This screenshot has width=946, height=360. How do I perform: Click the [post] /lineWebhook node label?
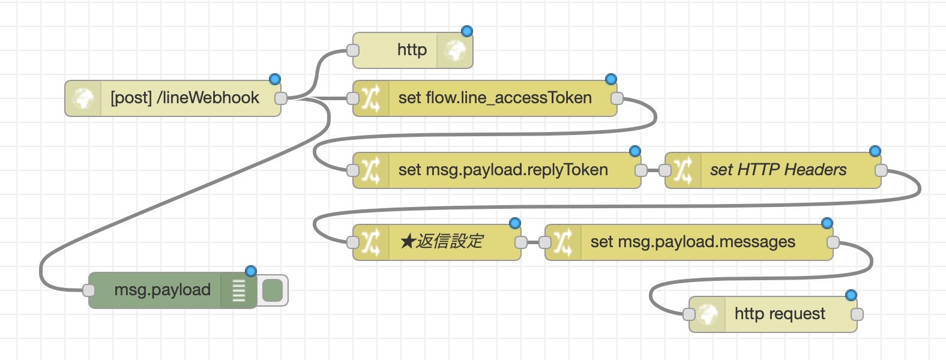(x=185, y=98)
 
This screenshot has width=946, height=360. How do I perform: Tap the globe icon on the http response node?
(x=455, y=50)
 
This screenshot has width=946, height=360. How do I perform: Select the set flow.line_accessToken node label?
(x=495, y=98)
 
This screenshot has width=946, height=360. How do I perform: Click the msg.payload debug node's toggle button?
(x=273, y=290)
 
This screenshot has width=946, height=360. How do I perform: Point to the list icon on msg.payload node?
(x=238, y=290)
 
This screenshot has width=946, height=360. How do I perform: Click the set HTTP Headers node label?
(x=778, y=170)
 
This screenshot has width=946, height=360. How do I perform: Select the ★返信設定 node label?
(x=441, y=242)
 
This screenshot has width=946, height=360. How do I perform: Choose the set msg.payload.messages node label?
(x=693, y=242)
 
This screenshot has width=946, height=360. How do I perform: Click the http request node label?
(x=780, y=314)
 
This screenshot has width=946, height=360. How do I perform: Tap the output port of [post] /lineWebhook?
(x=280, y=98)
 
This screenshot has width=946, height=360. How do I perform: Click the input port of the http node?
(x=353, y=50)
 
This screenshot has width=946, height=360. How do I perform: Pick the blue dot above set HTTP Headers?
(x=875, y=151)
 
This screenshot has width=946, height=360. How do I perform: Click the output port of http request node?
(x=857, y=314)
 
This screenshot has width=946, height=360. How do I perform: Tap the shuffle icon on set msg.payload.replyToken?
(x=370, y=170)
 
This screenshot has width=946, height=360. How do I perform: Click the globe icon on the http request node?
(x=707, y=314)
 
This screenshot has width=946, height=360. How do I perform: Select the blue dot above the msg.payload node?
(x=251, y=271)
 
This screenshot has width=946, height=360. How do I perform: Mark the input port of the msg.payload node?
(x=89, y=290)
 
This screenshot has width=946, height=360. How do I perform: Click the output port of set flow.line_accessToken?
(x=617, y=98)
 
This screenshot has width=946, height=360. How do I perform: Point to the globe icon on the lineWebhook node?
(x=83, y=98)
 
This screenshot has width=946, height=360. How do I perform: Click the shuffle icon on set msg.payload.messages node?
(x=562, y=242)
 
